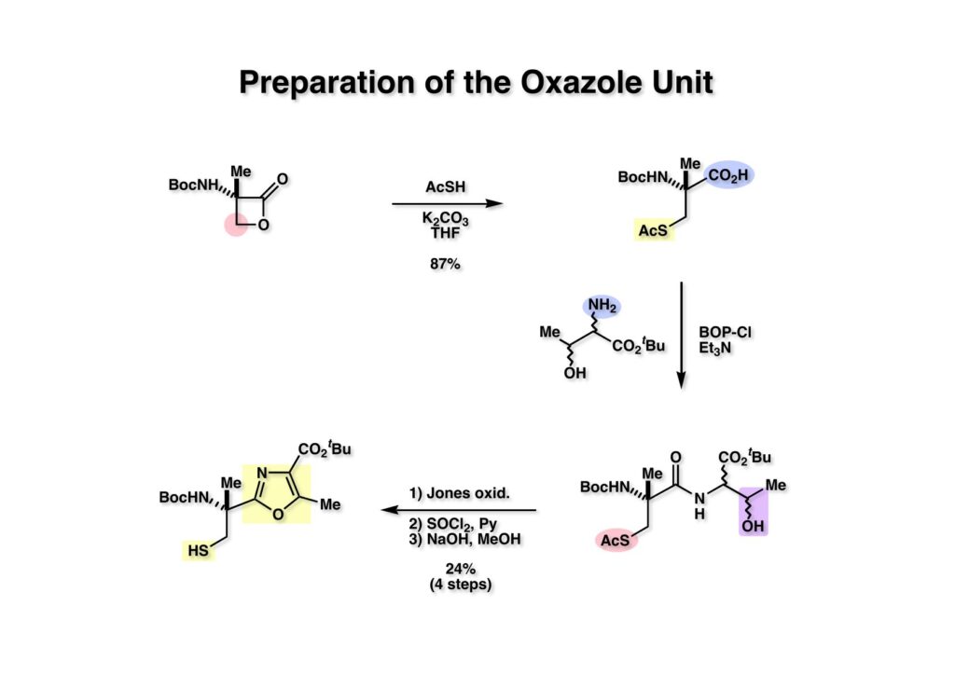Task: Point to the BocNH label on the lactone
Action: click(192, 185)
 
